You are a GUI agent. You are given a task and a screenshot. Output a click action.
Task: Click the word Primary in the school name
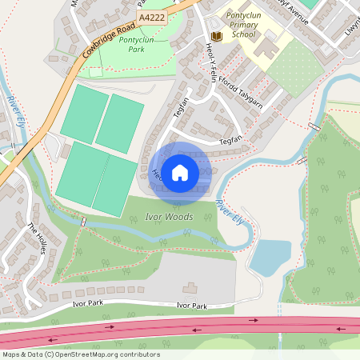[x=240, y=26]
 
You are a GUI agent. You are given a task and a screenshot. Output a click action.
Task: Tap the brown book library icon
[x=216, y=36]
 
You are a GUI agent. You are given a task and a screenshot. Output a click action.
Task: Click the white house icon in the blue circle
[x=180, y=171]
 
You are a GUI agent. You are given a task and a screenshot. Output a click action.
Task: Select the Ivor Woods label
[x=169, y=217]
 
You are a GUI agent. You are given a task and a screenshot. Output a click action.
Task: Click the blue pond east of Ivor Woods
[x=270, y=258]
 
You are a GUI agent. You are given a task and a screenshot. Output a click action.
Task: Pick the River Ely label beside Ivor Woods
[x=230, y=212]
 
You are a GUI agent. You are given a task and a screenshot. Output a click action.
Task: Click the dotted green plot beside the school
[x=294, y=68]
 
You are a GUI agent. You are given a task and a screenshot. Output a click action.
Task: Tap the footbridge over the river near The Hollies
[x=83, y=221]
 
